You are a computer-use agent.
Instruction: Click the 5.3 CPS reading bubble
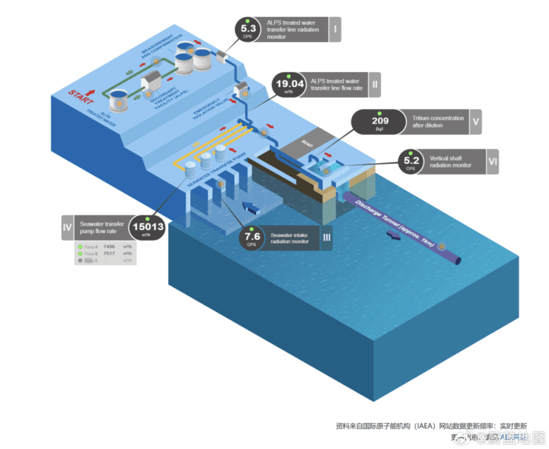[x=247, y=29]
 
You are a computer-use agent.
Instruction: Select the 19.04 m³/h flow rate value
[x=288, y=86]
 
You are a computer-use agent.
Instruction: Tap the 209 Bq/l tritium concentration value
[x=379, y=121]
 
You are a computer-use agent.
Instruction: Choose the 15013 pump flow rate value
[x=147, y=228]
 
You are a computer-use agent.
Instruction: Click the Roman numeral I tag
[x=334, y=29]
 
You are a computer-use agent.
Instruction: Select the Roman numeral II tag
[x=375, y=84]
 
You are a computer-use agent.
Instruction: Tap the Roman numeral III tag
[x=327, y=237]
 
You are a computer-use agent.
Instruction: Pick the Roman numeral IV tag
[x=67, y=228]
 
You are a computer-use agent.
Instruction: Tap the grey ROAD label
[x=307, y=144]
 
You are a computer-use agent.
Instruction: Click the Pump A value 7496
[x=108, y=246]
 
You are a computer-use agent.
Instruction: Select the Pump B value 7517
[x=108, y=254]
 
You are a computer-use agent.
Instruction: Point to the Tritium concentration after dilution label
[x=438, y=122]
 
